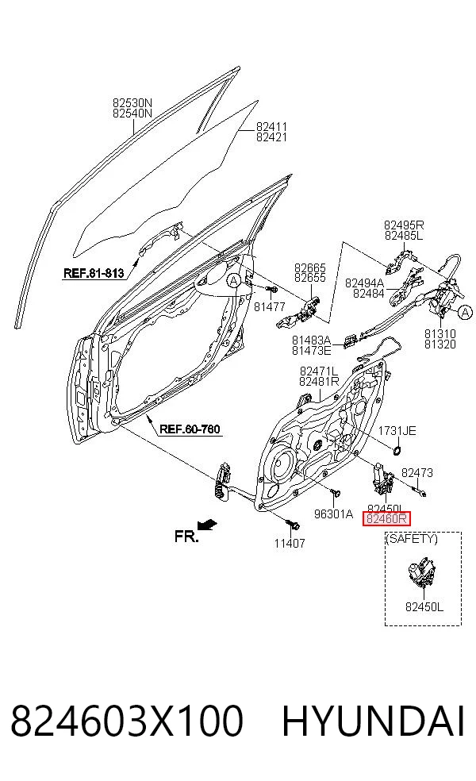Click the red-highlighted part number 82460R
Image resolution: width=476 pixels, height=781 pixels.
click(387, 520)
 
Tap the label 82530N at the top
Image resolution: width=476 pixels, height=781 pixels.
click(132, 103)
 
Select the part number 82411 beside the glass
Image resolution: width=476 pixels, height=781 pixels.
click(271, 126)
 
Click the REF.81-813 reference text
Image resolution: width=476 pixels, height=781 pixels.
click(94, 273)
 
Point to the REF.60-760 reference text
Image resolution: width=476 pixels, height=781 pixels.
click(190, 429)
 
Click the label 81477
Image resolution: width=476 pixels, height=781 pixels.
click(270, 307)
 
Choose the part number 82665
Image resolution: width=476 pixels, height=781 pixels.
click(309, 268)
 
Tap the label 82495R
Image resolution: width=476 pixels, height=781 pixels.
click(404, 225)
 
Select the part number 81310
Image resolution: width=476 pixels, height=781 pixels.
click(440, 333)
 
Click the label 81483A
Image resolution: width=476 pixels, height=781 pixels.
click(311, 340)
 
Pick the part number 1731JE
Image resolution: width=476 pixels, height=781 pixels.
click(397, 431)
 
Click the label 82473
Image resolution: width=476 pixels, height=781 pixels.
click(417, 473)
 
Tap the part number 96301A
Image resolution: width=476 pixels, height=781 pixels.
click(333, 514)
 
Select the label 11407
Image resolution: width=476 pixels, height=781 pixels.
click(290, 543)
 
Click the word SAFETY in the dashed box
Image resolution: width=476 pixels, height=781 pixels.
click(413, 538)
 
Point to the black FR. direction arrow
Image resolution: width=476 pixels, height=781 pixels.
click(208, 524)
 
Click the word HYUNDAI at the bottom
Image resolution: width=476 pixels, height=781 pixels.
click(374, 721)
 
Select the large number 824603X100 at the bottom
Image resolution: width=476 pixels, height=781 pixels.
click(127, 721)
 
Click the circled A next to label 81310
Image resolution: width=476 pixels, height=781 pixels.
click(464, 313)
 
